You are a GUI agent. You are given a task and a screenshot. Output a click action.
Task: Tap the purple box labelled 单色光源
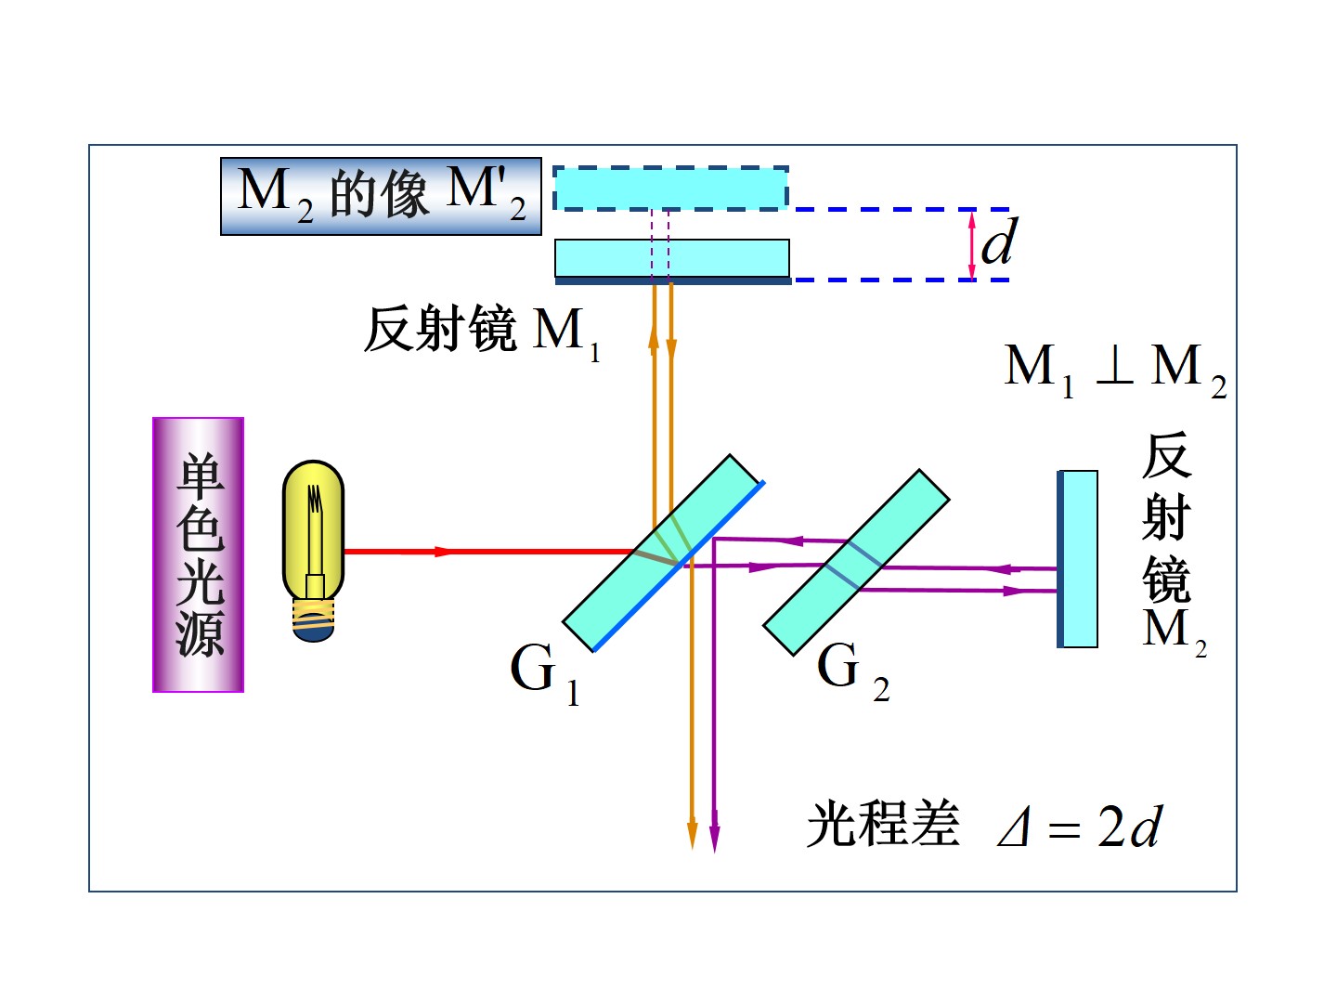pyautogui.click(x=198, y=554)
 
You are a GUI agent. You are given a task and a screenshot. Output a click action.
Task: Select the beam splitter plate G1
pyautogui.click(x=663, y=554)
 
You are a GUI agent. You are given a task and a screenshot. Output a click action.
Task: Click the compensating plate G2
pyautogui.click(x=855, y=563)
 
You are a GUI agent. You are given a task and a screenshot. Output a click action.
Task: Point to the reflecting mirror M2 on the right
pyautogui.click(x=1078, y=559)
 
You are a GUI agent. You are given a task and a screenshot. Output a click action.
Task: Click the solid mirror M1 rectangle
pyautogui.click(x=672, y=259)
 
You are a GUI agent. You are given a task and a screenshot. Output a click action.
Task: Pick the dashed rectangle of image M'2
pyautogui.click(x=670, y=189)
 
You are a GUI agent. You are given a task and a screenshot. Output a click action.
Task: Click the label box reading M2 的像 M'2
pyautogui.click(x=381, y=196)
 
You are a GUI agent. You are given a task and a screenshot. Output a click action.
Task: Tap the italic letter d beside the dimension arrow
pyautogui.click(x=999, y=243)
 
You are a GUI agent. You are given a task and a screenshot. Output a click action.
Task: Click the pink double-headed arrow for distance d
pyautogui.click(x=971, y=245)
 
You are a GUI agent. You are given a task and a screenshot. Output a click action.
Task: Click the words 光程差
pyautogui.click(x=883, y=824)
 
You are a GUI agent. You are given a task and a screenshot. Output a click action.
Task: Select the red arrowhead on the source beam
pyautogui.click(x=442, y=552)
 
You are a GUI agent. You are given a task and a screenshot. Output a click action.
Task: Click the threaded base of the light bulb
pyautogui.click(x=313, y=619)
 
